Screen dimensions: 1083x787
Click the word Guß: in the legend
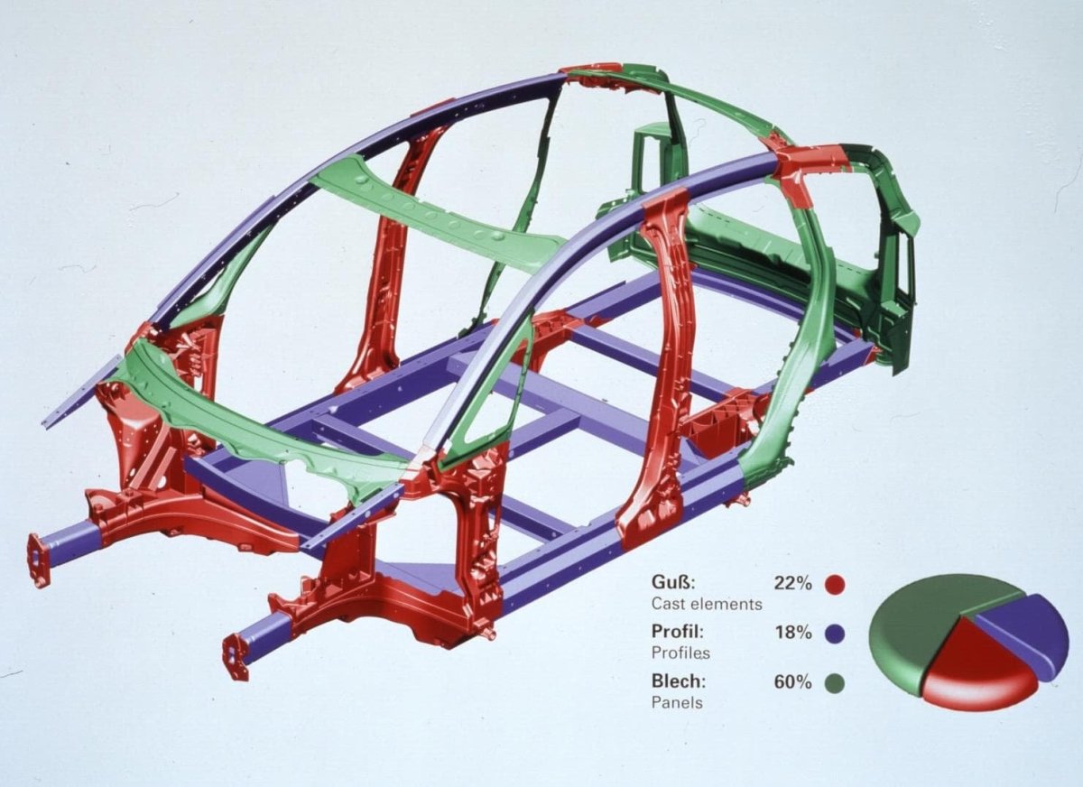click(x=673, y=582)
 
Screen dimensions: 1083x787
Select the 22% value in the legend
click(x=792, y=582)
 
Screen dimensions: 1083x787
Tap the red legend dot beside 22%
click(x=835, y=584)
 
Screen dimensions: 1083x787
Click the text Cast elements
click(x=707, y=604)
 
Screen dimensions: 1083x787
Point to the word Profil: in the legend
click(x=678, y=631)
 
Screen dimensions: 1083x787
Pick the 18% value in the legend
click(x=793, y=632)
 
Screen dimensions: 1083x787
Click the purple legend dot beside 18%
click(x=835, y=633)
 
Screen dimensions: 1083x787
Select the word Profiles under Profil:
click(x=680, y=653)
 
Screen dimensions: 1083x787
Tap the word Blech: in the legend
click(x=679, y=681)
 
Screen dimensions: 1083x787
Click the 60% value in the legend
click(x=793, y=681)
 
